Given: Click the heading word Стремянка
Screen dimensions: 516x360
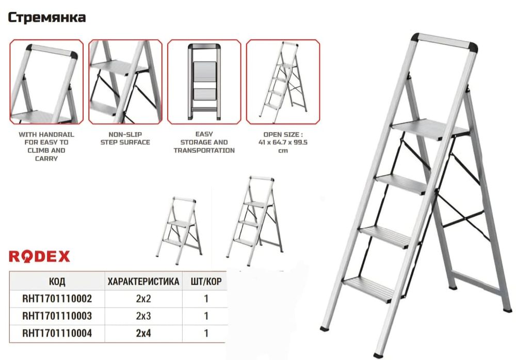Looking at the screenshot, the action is click(x=47, y=18).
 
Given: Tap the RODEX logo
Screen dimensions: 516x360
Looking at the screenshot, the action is click(x=39, y=257).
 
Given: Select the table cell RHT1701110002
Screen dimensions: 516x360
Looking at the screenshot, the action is click(x=57, y=299).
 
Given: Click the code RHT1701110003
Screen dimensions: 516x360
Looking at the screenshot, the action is click(x=57, y=316).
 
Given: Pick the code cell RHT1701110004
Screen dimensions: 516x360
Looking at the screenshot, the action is click(x=57, y=333).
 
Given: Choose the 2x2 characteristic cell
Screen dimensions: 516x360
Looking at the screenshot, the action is click(x=143, y=299).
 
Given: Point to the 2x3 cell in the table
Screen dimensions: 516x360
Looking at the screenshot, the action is click(x=143, y=316).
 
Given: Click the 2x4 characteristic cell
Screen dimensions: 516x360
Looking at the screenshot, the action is click(x=143, y=333).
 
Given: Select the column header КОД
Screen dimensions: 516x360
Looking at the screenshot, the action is click(x=57, y=281).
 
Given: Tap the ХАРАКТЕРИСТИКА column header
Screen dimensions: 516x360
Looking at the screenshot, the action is click(x=143, y=281).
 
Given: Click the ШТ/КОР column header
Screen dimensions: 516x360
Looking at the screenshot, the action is click(x=206, y=281).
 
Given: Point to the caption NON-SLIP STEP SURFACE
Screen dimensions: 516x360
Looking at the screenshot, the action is click(x=125, y=138).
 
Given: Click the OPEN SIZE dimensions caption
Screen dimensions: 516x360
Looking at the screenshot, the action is click(x=283, y=142).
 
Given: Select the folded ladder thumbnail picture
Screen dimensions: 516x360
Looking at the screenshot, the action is click(x=204, y=82).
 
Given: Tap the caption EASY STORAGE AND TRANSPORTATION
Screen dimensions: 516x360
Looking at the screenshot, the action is click(x=204, y=142).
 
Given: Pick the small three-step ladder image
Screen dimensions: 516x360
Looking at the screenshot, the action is click(x=255, y=221).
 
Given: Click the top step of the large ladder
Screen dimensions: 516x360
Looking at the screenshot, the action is click(x=429, y=130).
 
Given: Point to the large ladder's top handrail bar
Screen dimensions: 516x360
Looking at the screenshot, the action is click(x=444, y=41).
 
